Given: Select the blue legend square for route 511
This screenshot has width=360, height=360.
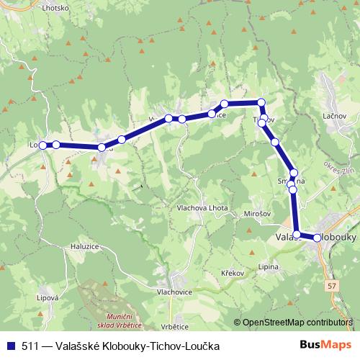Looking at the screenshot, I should tap(9, 346).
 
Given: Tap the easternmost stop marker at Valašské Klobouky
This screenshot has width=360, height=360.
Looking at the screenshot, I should tap(318, 238).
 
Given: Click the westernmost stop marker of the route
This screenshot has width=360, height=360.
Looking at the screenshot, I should tap(43, 145).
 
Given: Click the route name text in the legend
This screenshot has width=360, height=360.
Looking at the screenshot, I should tap(120, 346).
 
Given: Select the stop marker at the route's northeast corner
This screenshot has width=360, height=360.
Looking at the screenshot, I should tap(261, 102).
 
